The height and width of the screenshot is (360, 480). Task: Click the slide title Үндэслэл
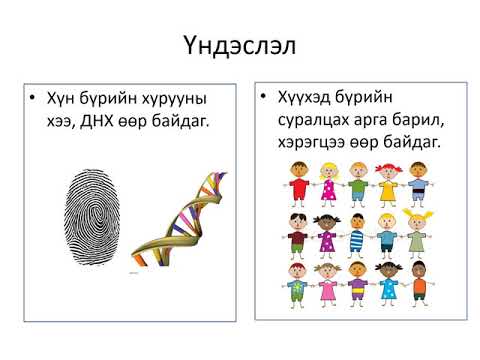(x=239, y=46)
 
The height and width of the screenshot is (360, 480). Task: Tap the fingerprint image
(x=92, y=217)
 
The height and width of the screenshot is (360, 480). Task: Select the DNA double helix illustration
(x=179, y=219)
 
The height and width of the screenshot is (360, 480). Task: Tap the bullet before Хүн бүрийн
(x=32, y=97)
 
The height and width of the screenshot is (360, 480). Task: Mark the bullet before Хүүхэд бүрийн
(x=263, y=96)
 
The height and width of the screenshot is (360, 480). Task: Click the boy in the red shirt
(x=298, y=184)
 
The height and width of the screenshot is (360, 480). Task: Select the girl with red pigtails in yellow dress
(x=388, y=185)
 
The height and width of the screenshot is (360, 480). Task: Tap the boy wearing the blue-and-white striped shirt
(x=357, y=236)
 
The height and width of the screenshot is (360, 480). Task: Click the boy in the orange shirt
(x=419, y=284)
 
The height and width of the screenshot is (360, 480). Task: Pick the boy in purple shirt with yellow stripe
(x=357, y=284)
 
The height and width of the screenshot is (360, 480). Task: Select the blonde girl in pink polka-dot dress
(x=328, y=184)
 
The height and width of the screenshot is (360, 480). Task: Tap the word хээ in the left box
(x=60, y=122)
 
